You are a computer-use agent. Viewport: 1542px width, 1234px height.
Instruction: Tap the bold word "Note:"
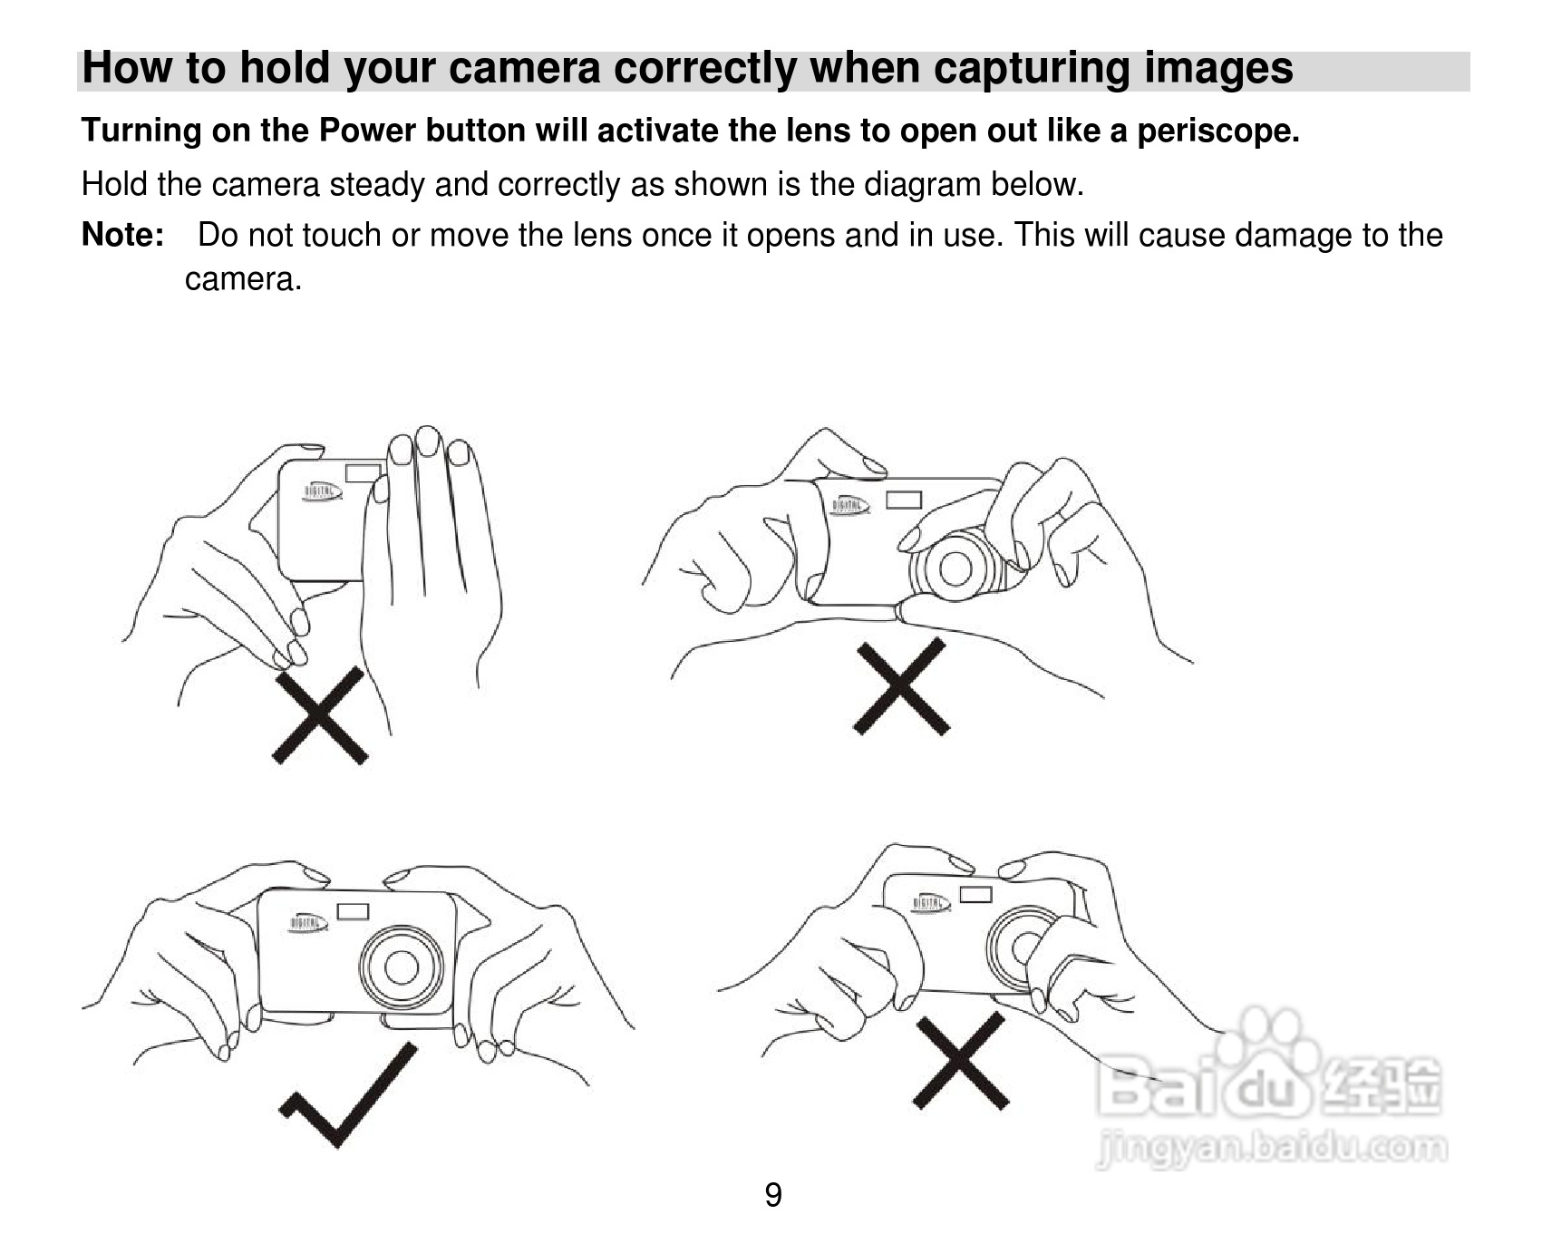coord(122,235)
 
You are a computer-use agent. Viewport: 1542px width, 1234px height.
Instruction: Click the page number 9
coord(772,1195)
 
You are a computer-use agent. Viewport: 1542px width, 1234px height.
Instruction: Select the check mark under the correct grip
coord(348,1094)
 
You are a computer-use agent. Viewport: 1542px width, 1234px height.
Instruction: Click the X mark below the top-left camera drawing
coord(320,715)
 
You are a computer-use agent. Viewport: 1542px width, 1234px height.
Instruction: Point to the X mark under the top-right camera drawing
coord(901,686)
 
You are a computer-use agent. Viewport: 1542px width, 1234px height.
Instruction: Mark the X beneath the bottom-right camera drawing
coord(961,1061)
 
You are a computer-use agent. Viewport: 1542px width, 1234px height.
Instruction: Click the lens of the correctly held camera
coord(402,967)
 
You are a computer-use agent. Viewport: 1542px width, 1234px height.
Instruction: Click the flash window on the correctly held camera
coord(353,911)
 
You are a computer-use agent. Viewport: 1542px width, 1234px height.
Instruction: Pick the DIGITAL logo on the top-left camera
coord(322,491)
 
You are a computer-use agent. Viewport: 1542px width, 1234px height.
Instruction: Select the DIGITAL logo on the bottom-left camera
coord(307,922)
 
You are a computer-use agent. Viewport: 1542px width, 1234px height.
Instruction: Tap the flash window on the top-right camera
coord(904,500)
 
